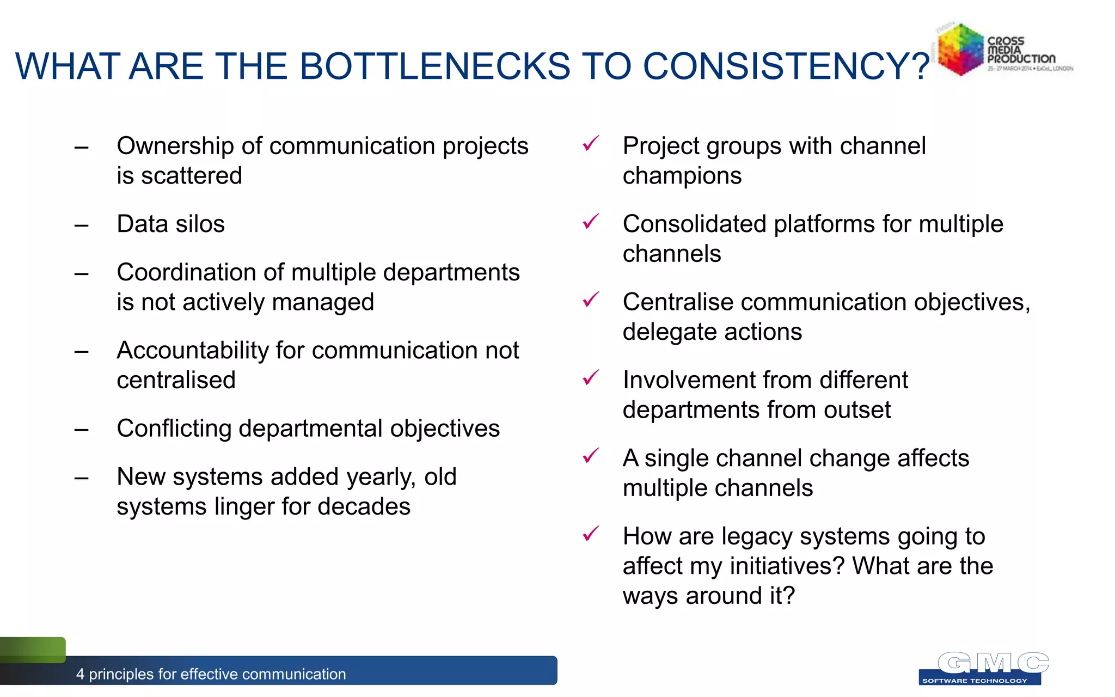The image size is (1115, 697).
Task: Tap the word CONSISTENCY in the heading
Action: [x=779, y=66]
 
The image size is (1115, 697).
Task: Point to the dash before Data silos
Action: [x=82, y=225]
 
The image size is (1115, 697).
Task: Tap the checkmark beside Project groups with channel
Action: [x=591, y=144]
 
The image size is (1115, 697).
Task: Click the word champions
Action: [x=682, y=176]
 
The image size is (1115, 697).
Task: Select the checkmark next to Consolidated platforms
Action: [x=591, y=222]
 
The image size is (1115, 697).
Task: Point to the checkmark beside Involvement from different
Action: [x=591, y=377]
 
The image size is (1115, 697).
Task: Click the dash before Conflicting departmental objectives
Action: [x=82, y=430]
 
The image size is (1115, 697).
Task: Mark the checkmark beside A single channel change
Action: [x=591, y=456]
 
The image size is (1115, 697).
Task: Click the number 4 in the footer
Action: [x=81, y=674]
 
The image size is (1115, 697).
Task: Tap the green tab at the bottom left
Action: [x=33, y=650]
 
